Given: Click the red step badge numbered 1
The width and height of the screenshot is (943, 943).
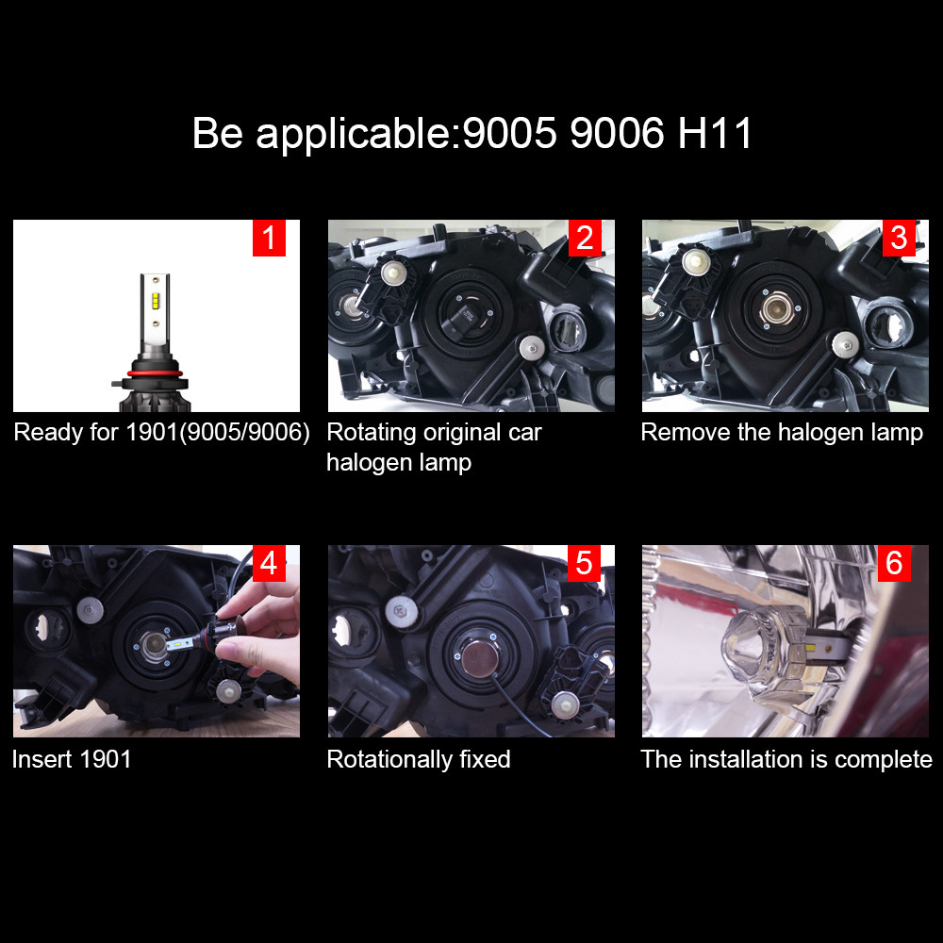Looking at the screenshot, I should point(269,238).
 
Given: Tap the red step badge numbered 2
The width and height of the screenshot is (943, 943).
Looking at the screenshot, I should point(585,238).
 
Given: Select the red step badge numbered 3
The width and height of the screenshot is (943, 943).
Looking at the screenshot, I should point(899,238).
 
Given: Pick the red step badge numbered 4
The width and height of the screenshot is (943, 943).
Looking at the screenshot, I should point(269,563).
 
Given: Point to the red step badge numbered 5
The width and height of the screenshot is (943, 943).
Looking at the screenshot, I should point(585,563).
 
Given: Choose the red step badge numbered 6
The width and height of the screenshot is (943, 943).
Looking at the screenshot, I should point(894,563).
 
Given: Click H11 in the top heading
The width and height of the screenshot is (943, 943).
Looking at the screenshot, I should point(716,134).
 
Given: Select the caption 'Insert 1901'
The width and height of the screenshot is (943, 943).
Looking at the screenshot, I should point(72,759).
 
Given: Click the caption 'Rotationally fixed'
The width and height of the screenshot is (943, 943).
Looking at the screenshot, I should point(419,759).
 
